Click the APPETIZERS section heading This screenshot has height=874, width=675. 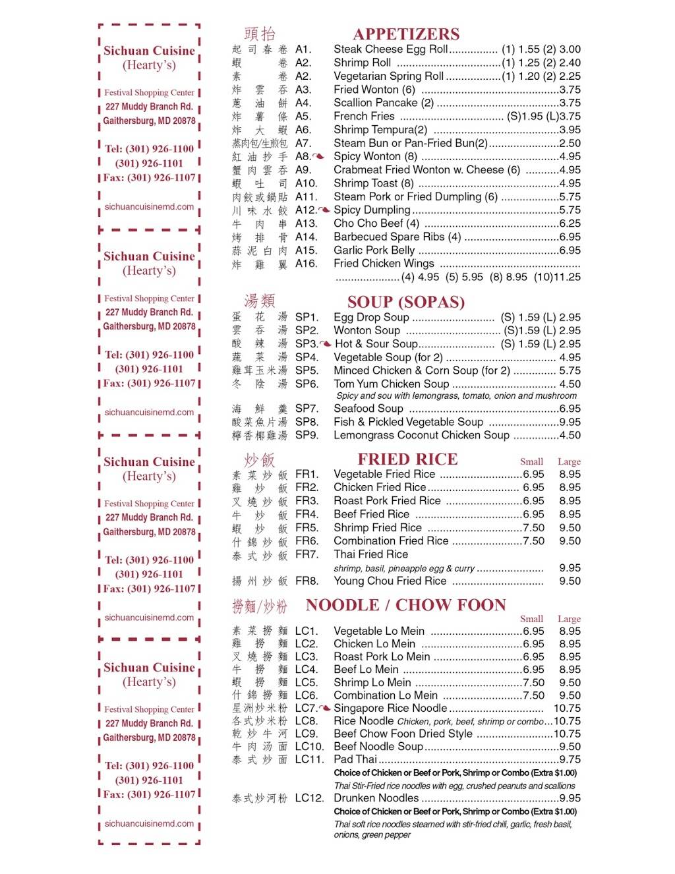[406, 34]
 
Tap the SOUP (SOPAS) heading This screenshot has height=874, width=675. [406, 302]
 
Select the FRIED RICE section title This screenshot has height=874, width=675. [407, 459]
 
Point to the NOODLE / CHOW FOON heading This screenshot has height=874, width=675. [406, 605]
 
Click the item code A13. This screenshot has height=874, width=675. [306, 223]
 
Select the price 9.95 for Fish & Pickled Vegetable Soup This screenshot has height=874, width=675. [570, 422]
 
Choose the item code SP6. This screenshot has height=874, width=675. [307, 384]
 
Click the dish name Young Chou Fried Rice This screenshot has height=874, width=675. [390, 581]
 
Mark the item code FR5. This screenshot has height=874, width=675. [307, 528]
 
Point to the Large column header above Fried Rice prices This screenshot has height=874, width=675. [569, 462]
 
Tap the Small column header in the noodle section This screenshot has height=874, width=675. [531, 619]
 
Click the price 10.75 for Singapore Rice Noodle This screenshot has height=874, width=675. [567, 709]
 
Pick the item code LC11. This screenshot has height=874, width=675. [309, 759]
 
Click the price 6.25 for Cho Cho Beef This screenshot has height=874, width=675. [570, 223]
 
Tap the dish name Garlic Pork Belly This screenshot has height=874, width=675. [374, 250]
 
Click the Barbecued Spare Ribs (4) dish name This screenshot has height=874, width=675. [397, 237]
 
